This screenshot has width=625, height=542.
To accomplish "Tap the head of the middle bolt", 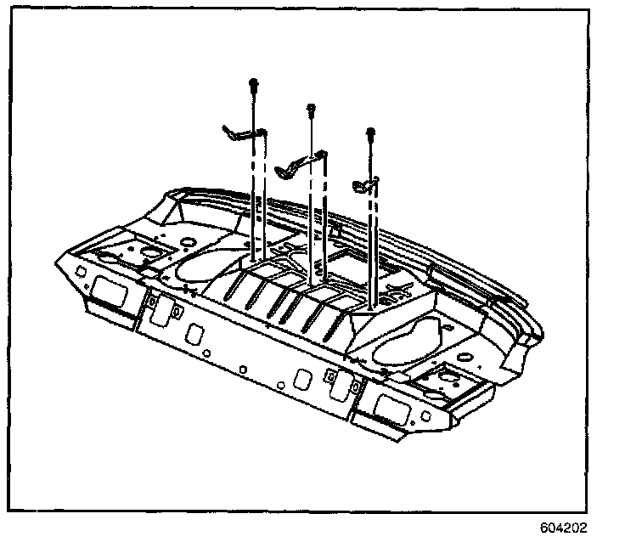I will click(312, 108).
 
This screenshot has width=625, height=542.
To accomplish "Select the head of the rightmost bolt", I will click(370, 133).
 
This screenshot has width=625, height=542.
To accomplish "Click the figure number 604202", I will click(562, 528).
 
